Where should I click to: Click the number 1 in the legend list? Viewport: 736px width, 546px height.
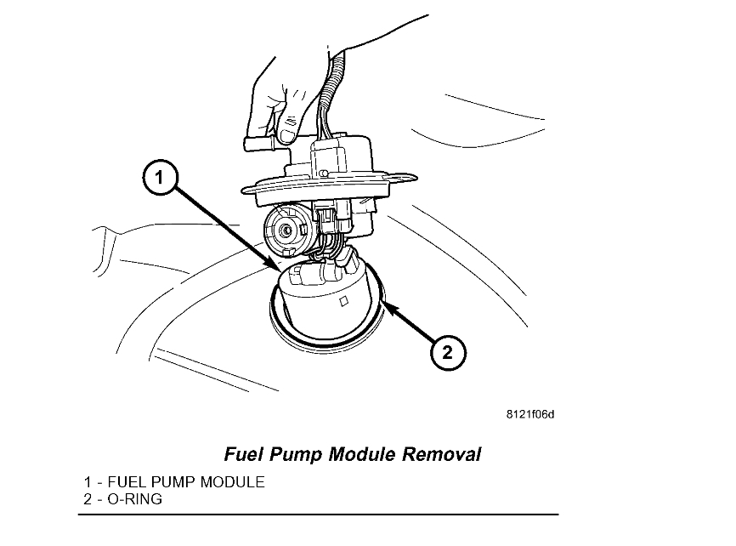click(x=87, y=482)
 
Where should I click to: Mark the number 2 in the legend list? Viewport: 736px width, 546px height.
click(x=87, y=499)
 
